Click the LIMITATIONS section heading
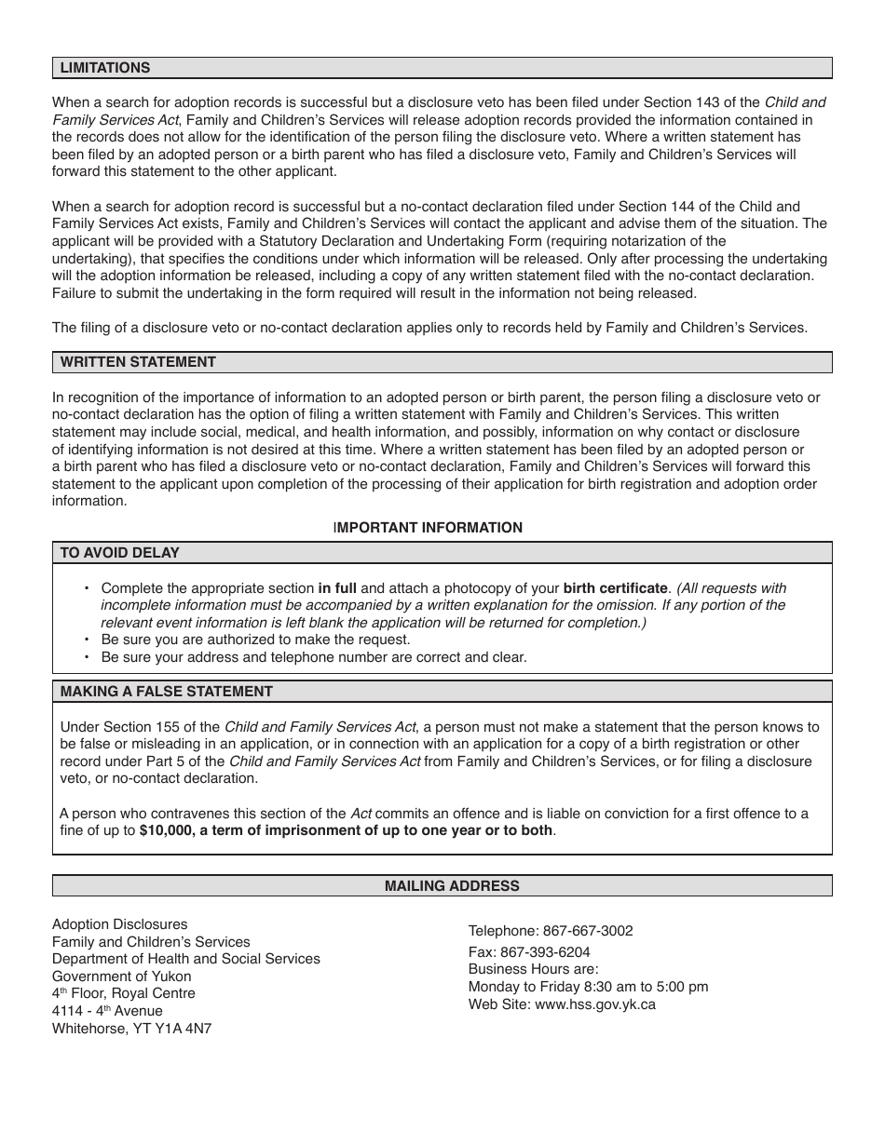pyautogui.click(x=105, y=68)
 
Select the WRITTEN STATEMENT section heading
pyautogui.click(x=138, y=362)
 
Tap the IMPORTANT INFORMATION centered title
pyautogui.click(x=428, y=528)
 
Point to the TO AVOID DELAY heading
pyautogui.click(x=120, y=553)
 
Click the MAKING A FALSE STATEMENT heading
pyautogui.click(x=167, y=692)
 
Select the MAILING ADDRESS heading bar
pyautogui.click(x=452, y=886)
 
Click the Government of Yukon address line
pyautogui.click(x=121, y=977)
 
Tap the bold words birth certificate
pyautogui.click(x=615, y=588)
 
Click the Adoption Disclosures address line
pyautogui.click(x=119, y=924)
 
